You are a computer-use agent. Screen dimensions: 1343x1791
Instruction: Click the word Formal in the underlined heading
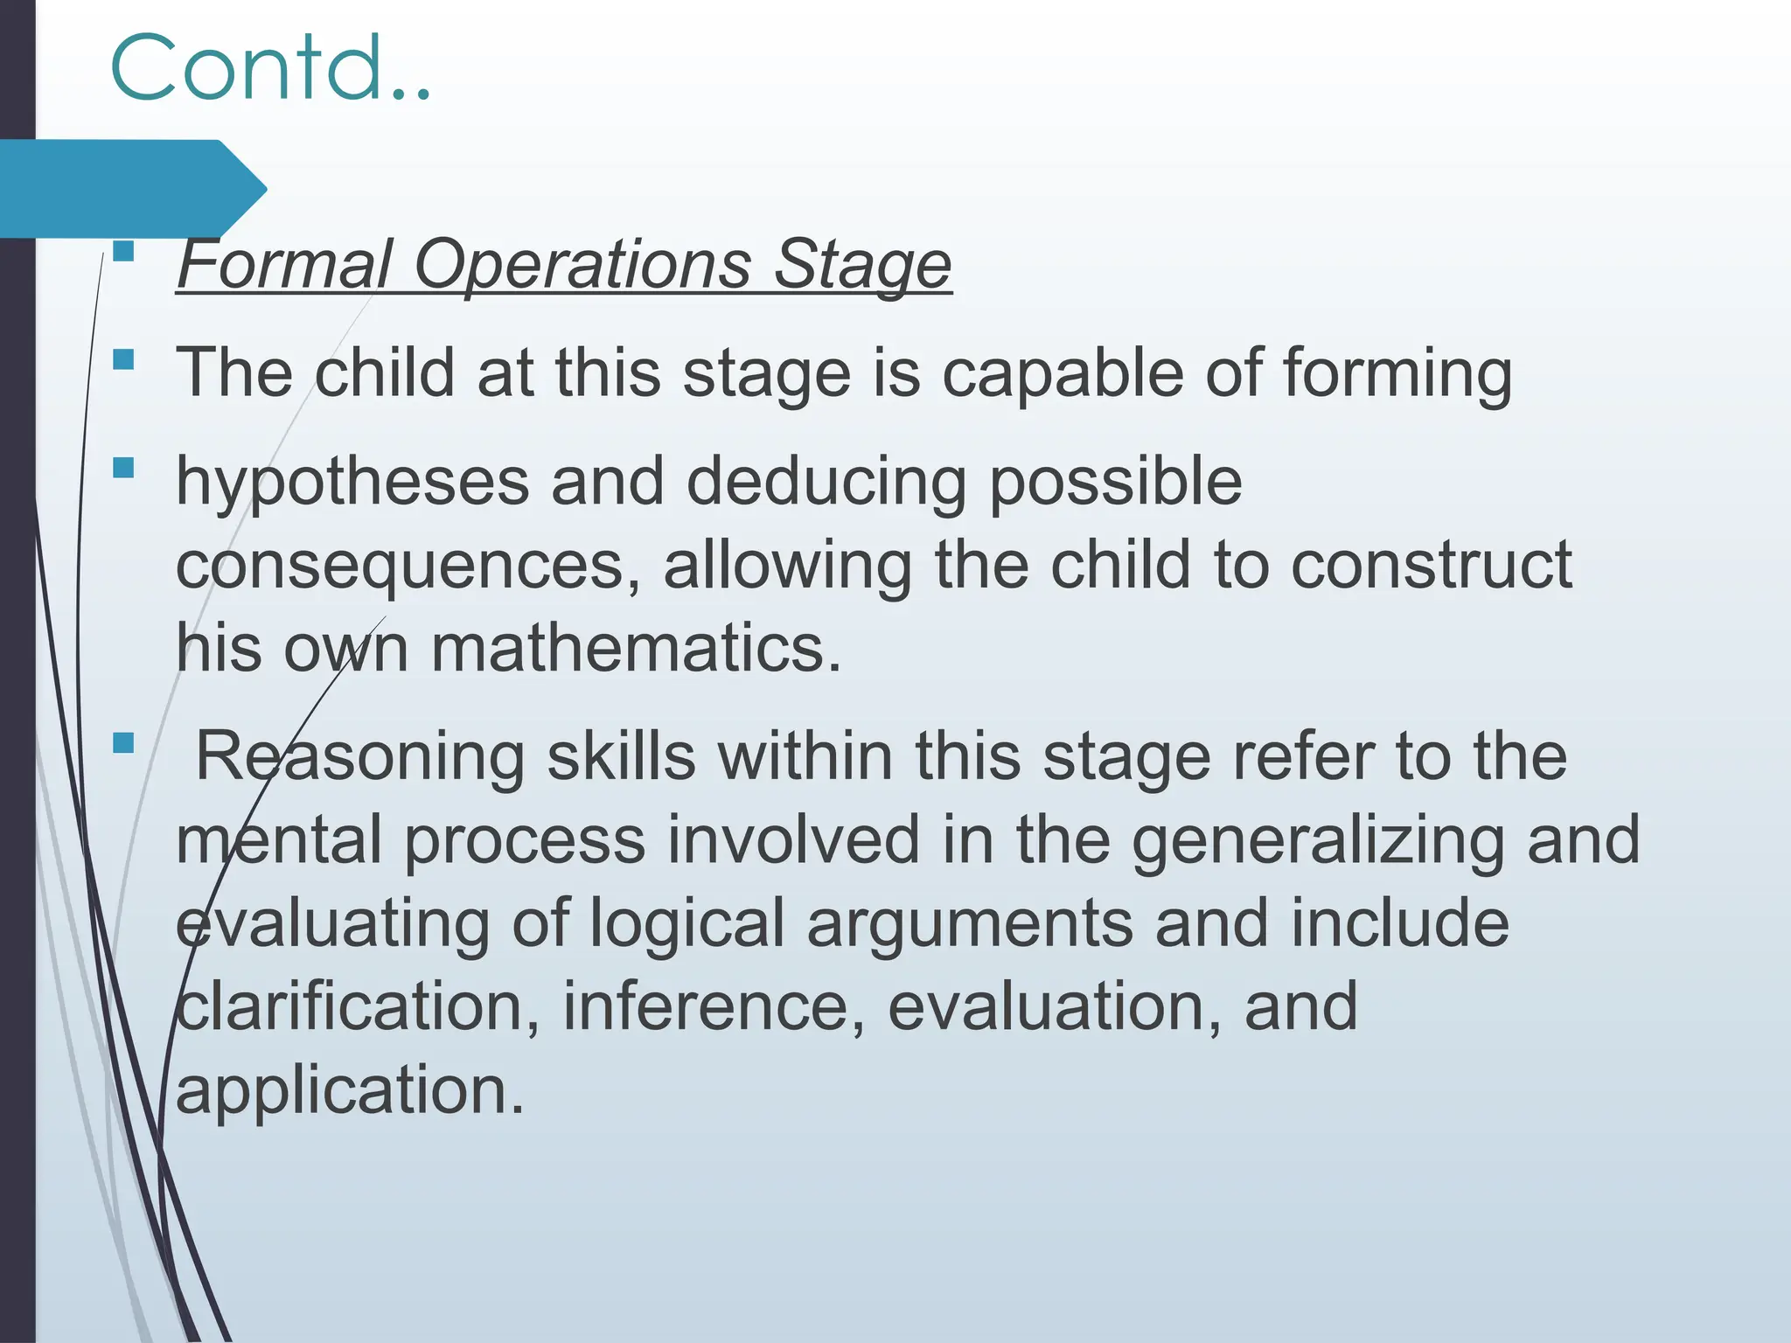coord(285,264)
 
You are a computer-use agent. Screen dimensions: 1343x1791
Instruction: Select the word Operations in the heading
coord(582,264)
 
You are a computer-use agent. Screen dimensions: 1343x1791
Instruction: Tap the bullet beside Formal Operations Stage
coord(123,252)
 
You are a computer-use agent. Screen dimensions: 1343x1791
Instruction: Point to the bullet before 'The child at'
coord(123,359)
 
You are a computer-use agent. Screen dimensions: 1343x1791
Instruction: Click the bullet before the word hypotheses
coord(123,468)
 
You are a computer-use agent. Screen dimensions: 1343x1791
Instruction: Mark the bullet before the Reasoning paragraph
coord(123,743)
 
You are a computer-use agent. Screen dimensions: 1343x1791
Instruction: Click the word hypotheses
coord(352,482)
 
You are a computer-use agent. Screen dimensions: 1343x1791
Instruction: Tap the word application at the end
coord(350,1090)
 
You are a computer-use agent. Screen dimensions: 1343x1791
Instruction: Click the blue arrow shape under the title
coord(131,188)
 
